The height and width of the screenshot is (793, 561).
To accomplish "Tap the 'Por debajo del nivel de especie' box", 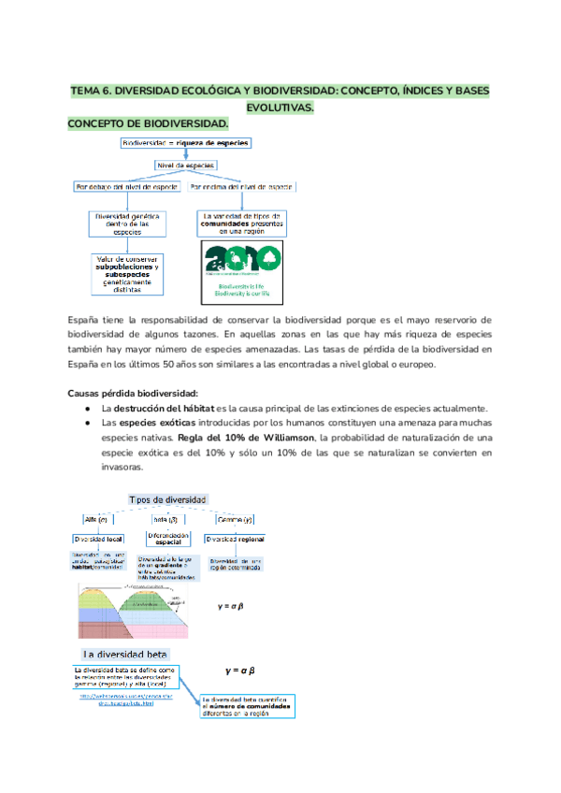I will pos(126,187).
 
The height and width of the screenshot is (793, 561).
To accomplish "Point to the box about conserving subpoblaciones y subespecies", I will pos(126,273).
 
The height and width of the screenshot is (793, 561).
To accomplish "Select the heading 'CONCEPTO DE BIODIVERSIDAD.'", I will pos(148,123).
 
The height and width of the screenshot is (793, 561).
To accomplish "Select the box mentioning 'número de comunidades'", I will pos(248,707).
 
